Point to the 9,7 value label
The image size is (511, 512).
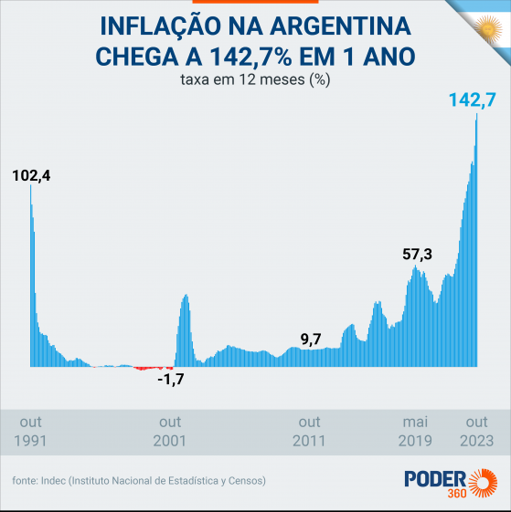pos(311,340)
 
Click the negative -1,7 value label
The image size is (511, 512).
pos(170,379)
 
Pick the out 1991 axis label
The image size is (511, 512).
pos(31,431)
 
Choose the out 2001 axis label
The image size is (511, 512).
pos(170,431)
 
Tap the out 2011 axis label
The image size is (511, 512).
pos(310,431)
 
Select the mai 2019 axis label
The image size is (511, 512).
pos(416,431)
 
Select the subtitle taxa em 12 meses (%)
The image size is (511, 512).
pos(255,79)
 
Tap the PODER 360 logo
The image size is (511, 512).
pos(452,482)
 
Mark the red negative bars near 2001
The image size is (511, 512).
pos(151,368)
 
